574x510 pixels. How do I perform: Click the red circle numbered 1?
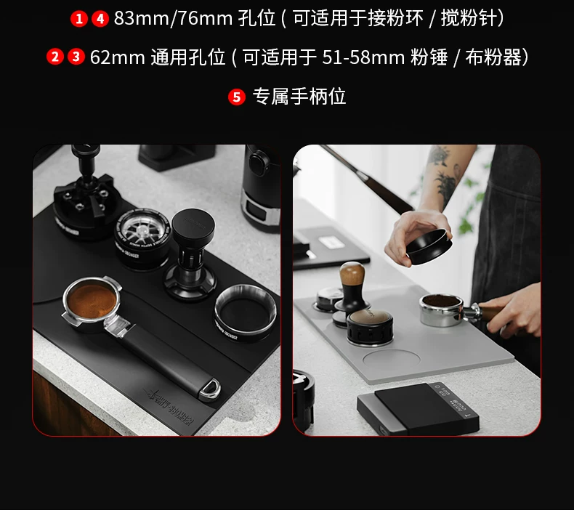click(x=78, y=18)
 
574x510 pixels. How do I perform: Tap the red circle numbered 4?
click(x=100, y=18)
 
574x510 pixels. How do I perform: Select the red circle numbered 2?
click(x=55, y=57)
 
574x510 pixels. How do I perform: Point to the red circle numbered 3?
click(x=76, y=57)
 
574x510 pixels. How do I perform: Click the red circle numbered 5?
click(x=236, y=97)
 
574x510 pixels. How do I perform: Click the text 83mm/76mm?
click(x=173, y=18)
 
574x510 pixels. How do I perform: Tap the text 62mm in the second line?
click(x=117, y=57)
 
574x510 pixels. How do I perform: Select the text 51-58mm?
click(x=363, y=57)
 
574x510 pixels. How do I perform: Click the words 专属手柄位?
click(x=299, y=97)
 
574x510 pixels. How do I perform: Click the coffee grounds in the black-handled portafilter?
click(x=92, y=300)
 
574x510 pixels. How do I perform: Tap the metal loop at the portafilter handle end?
click(x=210, y=388)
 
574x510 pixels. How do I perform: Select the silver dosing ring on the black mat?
click(x=246, y=313)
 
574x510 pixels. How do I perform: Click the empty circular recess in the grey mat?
click(x=392, y=358)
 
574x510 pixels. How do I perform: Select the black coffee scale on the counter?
click(x=418, y=408)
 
